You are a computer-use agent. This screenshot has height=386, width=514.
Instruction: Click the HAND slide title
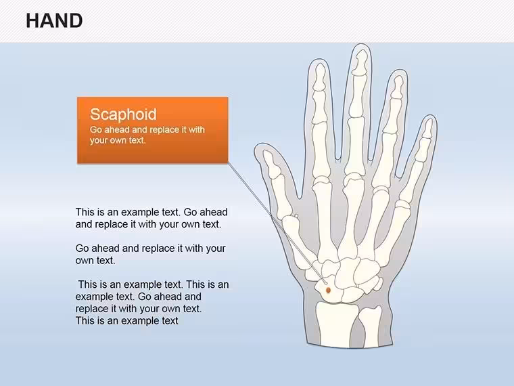[54, 21]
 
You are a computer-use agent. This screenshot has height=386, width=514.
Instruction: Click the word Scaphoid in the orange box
[123, 114]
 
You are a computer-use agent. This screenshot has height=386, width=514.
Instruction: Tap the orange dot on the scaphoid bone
[328, 290]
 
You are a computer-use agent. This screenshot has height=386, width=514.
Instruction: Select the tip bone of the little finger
[428, 128]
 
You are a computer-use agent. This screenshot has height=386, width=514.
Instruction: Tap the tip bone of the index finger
[320, 77]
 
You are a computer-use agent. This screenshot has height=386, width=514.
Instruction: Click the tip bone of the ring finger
[398, 87]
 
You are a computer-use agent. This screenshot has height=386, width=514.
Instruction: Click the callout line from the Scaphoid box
[277, 223]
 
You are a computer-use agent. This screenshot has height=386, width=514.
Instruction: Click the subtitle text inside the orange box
[147, 135]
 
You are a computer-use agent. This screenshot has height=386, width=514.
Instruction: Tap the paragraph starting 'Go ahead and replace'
[150, 254]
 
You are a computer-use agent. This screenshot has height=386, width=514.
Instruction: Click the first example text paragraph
[151, 218]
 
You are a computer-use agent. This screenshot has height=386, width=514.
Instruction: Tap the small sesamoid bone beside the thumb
[296, 216]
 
